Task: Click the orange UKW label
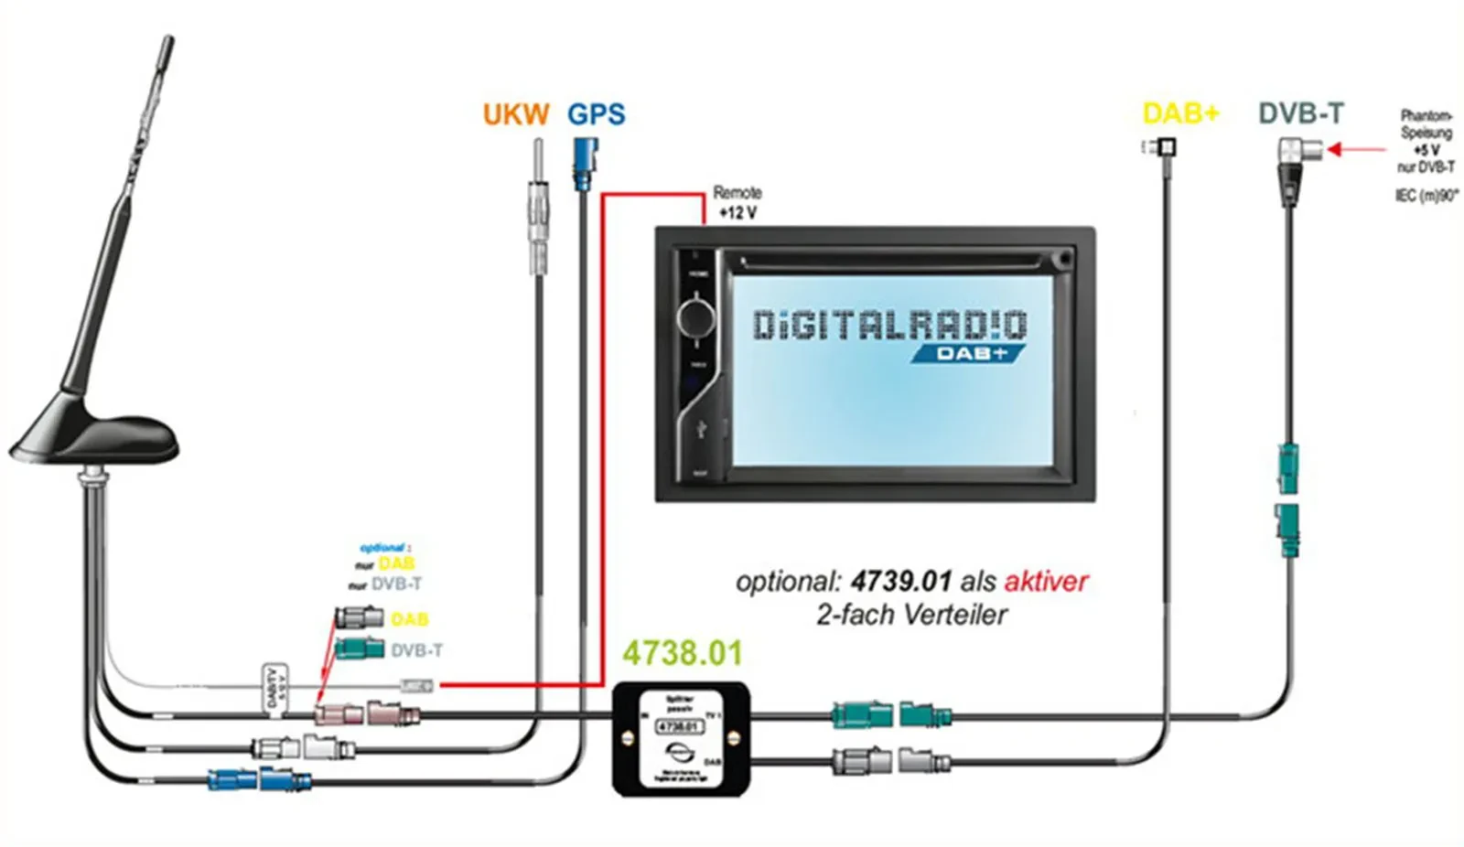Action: click(x=516, y=114)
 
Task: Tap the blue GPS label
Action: click(x=597, y=114)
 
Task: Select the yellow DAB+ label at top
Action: click(x=1181, y=113)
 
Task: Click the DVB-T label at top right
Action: click(x=1301, y=113)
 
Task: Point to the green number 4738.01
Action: click(x=683, y=653)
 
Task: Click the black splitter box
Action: click(x=681, y=738)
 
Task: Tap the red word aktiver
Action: click(x=1047, y=581)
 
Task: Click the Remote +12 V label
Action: click(x=737, y=202)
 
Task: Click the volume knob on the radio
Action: click(x=695, y=316)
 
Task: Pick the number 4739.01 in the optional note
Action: click(x=901, y=581)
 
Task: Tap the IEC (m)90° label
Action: click(x=1426, y=196)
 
